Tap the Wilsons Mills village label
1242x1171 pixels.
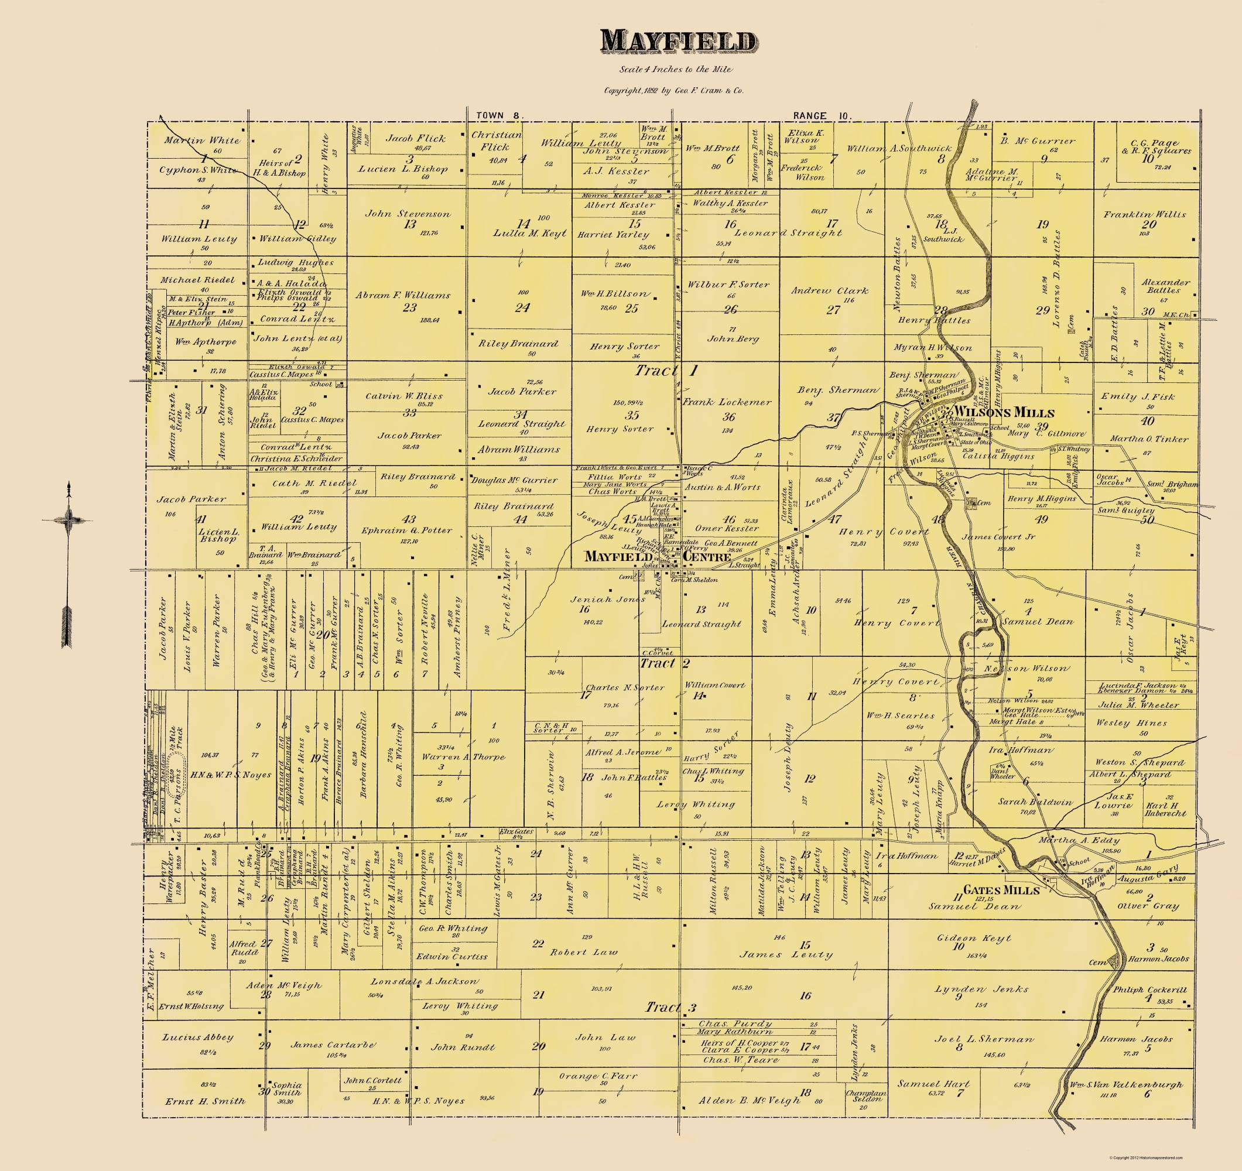click(1005, 413)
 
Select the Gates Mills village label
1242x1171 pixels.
click(1001, 891)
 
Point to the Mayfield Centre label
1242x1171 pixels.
click(658, 556)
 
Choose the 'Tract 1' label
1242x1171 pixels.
click(666, 371)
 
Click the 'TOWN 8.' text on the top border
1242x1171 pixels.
click(500, 115)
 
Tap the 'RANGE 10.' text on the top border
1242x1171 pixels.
click(822, 115)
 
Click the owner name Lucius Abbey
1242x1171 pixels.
click(198, 1038)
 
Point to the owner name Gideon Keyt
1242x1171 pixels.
click(974, 938)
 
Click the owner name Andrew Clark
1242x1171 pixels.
click(829, 290)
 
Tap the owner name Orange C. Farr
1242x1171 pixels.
click(589, 1076)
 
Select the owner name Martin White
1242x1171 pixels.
click(202, 141)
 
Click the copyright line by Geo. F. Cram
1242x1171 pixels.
click(673, 91)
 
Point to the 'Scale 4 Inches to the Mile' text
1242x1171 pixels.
click(675, 69)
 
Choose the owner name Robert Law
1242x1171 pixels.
click(583, 953)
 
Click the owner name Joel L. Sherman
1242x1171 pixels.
click(984, 1039)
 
